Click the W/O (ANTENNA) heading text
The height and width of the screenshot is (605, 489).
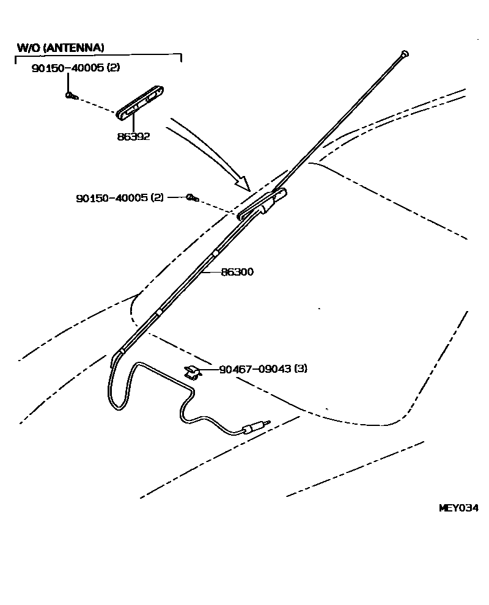[60, 47]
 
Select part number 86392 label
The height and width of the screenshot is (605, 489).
[133, 137]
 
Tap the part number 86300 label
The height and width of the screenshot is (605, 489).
[237, 272]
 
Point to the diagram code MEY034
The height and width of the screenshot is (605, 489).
[458, 508]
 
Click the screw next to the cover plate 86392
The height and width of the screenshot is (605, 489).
[70, 95]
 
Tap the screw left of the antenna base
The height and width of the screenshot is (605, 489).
[192, 197]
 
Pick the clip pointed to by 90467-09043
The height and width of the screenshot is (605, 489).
[192, 371]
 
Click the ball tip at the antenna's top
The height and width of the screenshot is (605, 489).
[404, 54]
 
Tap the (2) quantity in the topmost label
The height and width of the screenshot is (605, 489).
[113, 68]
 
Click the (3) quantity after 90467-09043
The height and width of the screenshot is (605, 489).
[300, 369]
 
